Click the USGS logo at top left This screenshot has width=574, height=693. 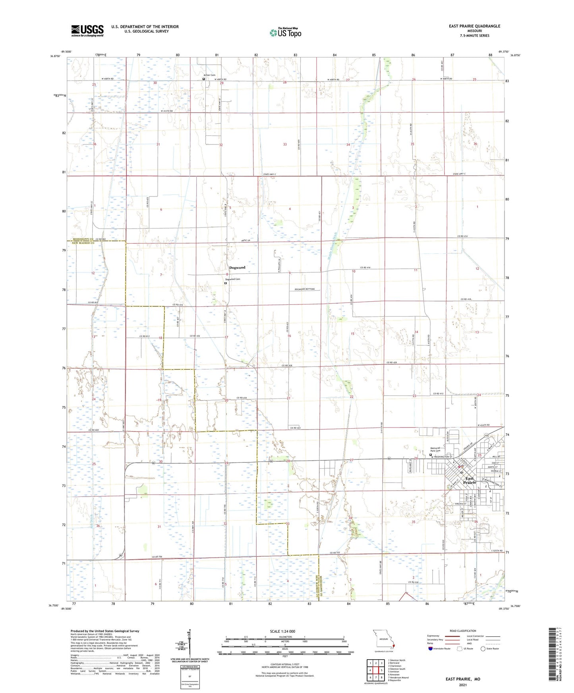click(x=87, y=31)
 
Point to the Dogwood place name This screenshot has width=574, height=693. click(x=237, y=268)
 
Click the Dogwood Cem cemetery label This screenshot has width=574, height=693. click(x=233, y=279)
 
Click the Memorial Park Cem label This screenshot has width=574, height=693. click(x=436, y=449)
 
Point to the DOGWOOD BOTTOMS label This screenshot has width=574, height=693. click(x=305, y=289)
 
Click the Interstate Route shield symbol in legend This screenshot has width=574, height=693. click(x=431, y=649)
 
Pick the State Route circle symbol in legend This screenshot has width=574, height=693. click(x=483, y=649)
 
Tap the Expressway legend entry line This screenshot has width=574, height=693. click(x=451, y=636)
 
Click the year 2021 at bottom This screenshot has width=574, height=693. click(x=463, y=685)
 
